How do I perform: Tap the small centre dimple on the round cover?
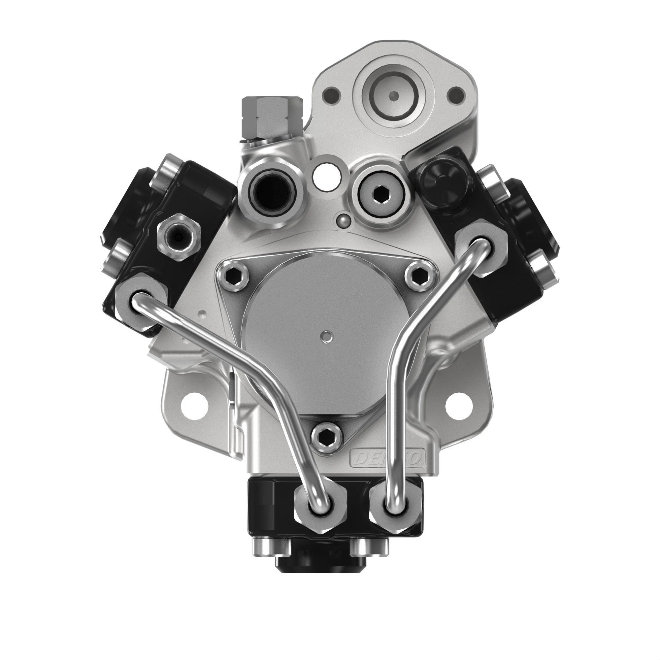coord(328,337)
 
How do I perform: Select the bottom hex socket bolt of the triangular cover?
coord(327,438)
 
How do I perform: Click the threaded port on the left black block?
coord(178,236)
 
